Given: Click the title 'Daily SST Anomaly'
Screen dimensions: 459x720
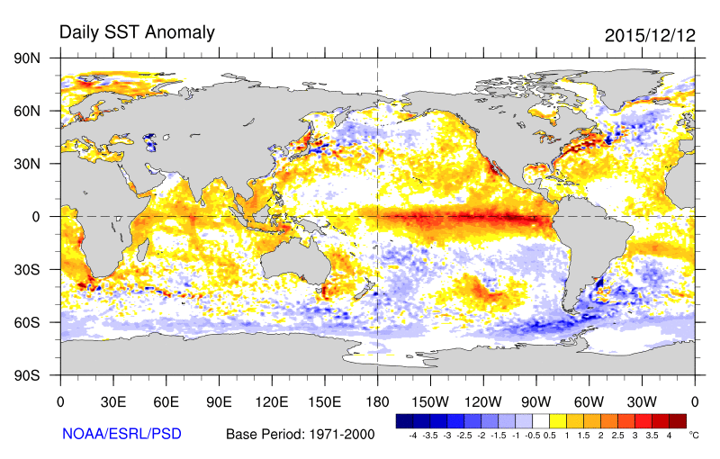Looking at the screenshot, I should pos(137,32).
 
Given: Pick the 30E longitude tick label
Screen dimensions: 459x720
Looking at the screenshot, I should pos(112,401).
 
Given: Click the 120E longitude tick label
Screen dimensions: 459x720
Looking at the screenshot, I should pos(272,401).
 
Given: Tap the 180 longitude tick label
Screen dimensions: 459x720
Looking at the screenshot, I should pos(377,401).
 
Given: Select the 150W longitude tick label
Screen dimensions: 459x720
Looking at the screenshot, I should pos(430,401).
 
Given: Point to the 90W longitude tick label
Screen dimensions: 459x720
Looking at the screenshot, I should pos(535,401).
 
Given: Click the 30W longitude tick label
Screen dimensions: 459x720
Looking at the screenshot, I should pos(642,401).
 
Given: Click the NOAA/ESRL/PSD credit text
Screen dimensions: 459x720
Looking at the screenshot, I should pos(121,434).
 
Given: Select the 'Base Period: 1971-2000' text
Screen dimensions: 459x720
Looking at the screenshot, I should pos(300,434).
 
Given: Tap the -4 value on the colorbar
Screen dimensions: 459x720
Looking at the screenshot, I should pos(412,436).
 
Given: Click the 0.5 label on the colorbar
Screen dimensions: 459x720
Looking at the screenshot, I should pos(549,436).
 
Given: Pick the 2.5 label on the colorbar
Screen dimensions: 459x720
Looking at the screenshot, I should pos(617,436).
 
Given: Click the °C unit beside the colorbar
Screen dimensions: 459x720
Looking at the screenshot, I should pos(693,434).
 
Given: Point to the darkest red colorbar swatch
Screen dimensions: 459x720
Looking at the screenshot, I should pos(677,420).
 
